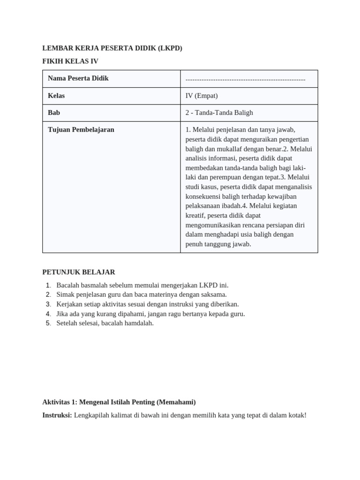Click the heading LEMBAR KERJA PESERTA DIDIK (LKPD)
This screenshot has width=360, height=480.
coord(112,48)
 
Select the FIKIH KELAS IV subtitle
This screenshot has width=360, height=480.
coord(70,61)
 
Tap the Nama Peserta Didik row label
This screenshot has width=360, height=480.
coord(78,78)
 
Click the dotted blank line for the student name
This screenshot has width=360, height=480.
coord(245,79)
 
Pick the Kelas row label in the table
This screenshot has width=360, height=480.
coord(56,96)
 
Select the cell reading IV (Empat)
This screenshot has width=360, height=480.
coord(202,96)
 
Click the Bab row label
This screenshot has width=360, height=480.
coord(54,112)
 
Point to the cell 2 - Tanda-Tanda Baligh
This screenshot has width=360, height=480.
coord(219,112)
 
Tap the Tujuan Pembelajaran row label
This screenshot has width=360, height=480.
coord(81,130)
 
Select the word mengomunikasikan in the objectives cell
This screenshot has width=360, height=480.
coord(213,225)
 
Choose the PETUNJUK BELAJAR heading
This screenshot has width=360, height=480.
coord(78,272)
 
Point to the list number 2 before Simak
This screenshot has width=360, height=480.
coord(48,294)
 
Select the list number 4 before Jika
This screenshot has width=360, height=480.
coord(48,314)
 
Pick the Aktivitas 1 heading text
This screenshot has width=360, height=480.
coord(119,402)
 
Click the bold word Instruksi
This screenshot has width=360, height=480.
coord(57,415)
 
